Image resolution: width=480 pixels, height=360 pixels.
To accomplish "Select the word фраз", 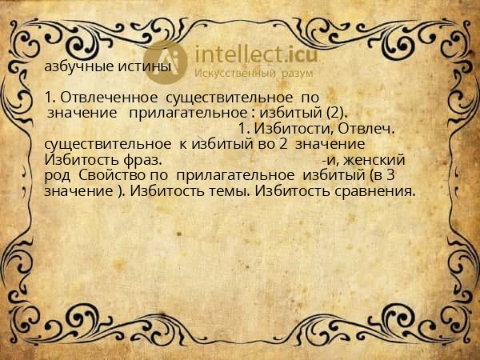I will pyautogui.click(x=139, y=159).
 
